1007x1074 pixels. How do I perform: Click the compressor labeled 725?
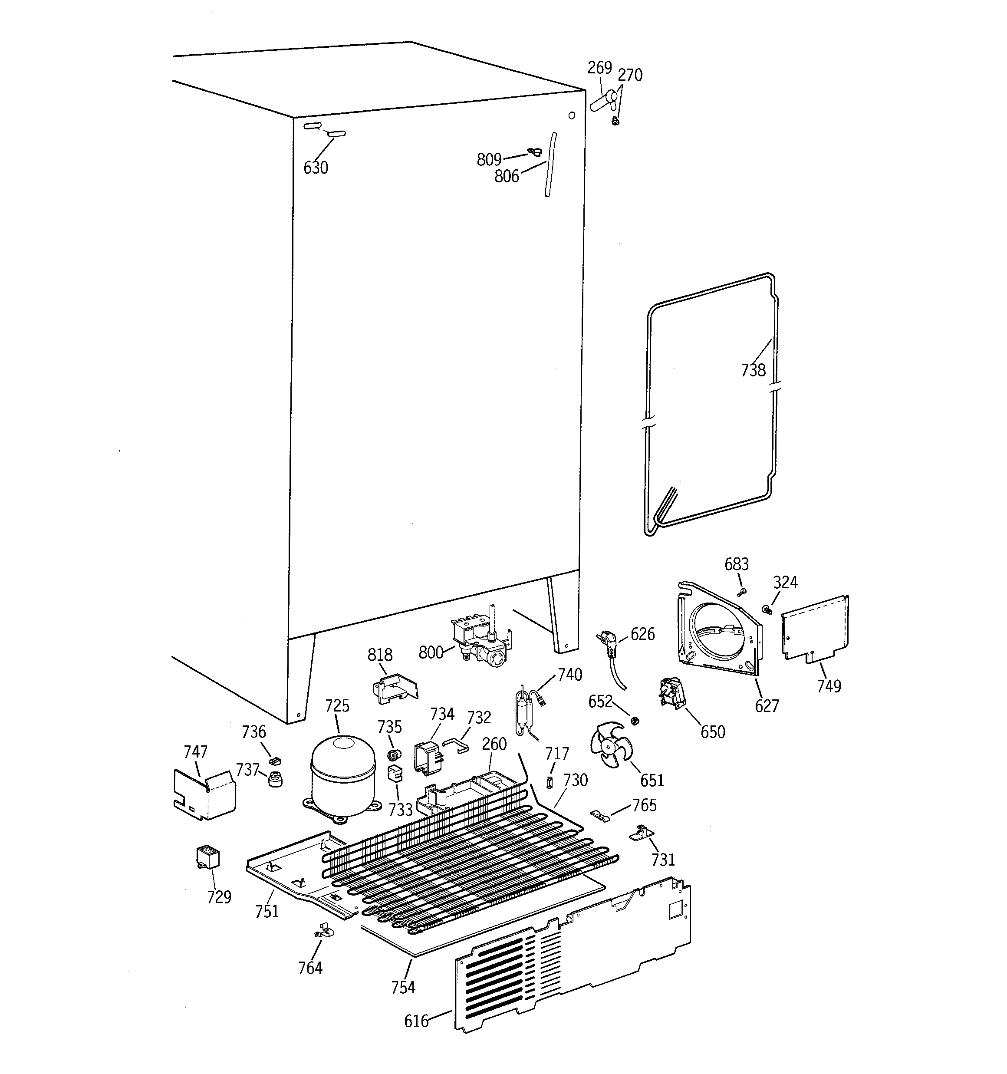[342, 776]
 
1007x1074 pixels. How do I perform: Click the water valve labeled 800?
[480, 637]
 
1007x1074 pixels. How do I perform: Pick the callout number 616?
[416, 1021]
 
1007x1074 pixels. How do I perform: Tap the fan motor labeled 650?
[670, 693]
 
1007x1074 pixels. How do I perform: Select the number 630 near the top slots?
[316, 168]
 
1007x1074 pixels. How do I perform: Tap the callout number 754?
[403, 987]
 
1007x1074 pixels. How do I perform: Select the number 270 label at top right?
[630, 75]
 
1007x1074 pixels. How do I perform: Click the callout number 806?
[506, 176]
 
